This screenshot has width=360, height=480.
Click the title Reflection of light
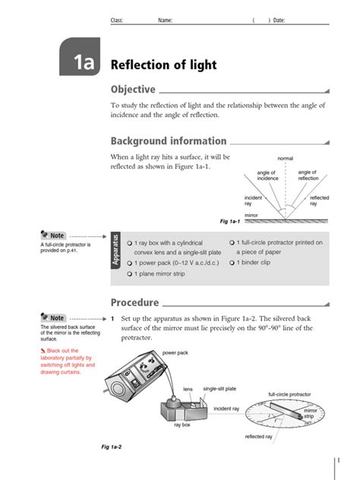click(163, 65)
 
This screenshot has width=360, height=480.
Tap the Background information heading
click(169, 141)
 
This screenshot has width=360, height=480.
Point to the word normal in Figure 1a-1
click(285, 158)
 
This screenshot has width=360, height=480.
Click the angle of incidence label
click(267, 175)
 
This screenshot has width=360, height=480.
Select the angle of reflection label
click(308, 175)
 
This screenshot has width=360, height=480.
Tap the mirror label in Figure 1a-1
click(251, 216)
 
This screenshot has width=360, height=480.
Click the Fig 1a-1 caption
click(230, 221)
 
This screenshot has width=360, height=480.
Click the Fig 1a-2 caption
click(112, 447)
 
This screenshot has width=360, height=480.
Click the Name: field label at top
click(165, 21)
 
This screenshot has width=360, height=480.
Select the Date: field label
click(278, 21)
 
